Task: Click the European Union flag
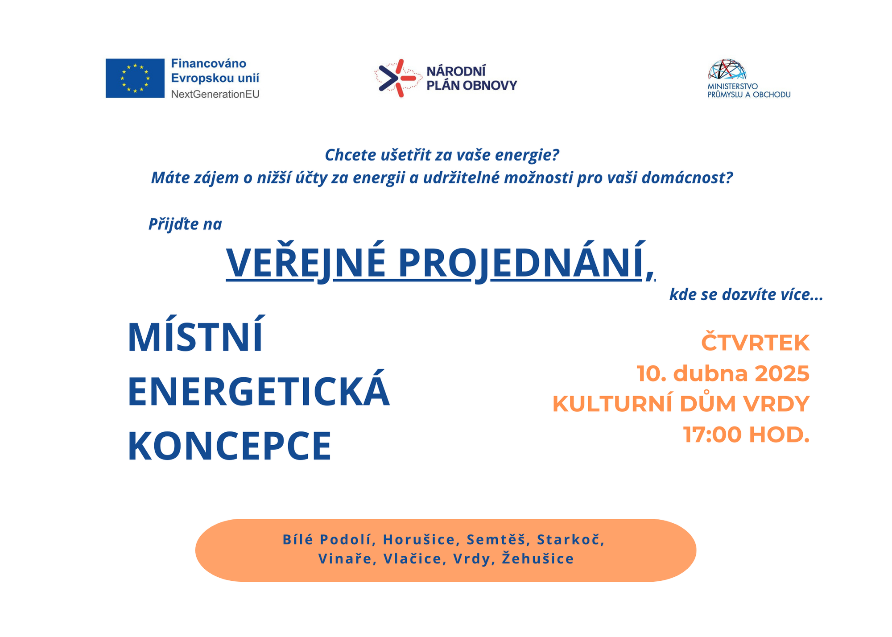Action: point(135,78)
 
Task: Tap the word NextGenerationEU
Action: point(215,94)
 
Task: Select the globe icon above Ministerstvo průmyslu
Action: point(727,69)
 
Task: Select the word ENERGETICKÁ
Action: point(259,391)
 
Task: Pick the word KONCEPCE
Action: point(230,446)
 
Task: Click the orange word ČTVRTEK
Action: point(755,343)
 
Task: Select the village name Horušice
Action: point(419,540)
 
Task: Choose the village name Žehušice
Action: point(538,558)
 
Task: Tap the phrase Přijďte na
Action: point(185,224)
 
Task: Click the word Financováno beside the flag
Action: point(209,63)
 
